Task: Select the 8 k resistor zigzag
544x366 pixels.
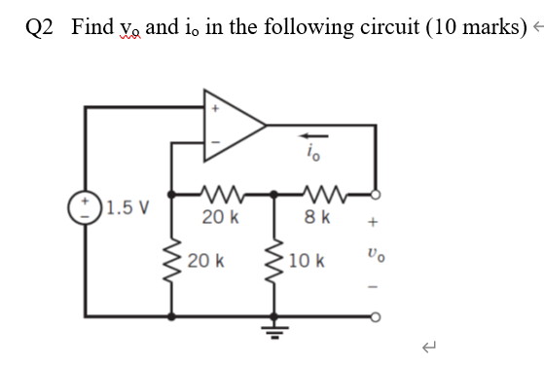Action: coord(322,193)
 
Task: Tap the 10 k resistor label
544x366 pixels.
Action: coord(312,262)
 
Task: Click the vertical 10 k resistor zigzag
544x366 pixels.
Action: coord(276,262)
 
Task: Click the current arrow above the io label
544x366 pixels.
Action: coord(310,136)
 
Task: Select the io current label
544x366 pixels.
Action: coord(310,153)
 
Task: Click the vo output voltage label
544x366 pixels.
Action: coord(375,257)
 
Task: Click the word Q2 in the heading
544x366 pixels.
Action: coord(41,25)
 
